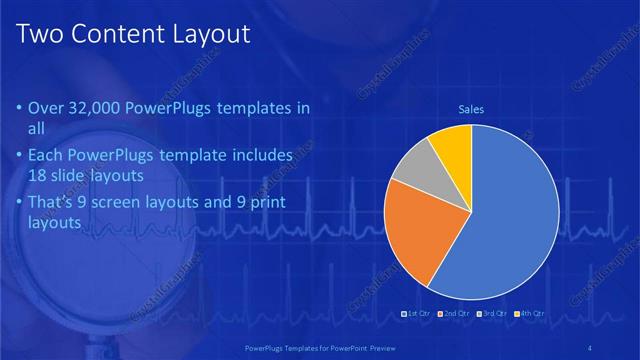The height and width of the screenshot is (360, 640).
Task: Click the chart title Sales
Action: [x=471, y=109]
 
